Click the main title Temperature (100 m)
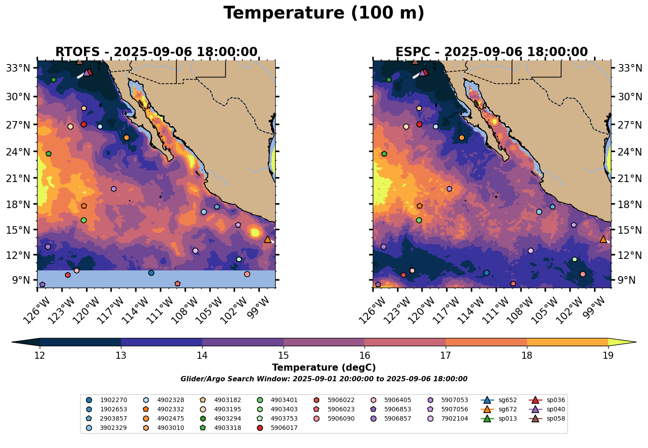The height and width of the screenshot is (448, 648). click(x=324, y=13)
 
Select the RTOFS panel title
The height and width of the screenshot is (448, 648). click(x=156, y=52)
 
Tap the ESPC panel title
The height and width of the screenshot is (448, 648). click(x=492, y=52)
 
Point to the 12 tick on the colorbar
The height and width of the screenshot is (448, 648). click(x=40, y=356)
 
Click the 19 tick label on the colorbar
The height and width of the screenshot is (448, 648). click(x=608, y=356)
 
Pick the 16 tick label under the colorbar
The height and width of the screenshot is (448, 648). click(x=364, y=356)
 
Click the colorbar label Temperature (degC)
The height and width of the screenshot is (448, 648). click(x=324, y=368)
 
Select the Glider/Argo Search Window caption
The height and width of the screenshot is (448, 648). click(x=324, y=379)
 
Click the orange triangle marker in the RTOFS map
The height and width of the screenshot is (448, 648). click(x=268, y=239)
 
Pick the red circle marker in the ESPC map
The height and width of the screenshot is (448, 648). click(x=419, y=124)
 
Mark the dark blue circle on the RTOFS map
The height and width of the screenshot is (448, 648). click(x=151, y=273)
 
